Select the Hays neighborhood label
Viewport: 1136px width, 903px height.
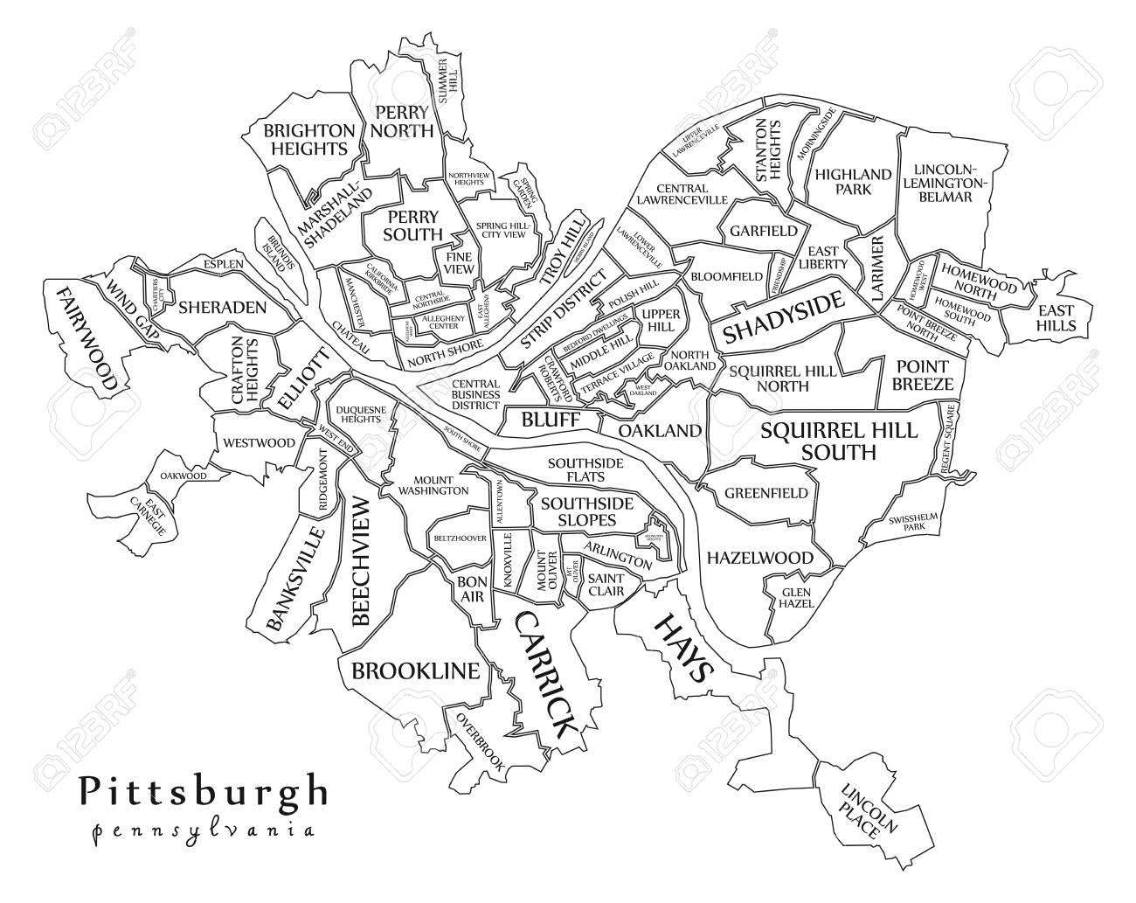[x=682, y=647]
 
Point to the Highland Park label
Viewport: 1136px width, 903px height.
[x=841, y=182]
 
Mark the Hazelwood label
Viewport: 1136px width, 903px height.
[x=759, y=558]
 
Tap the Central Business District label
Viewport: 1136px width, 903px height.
[x=475, y=394]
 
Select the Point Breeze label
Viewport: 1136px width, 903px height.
[x=922, y=375]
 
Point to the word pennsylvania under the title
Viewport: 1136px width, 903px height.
[x=201, y=829]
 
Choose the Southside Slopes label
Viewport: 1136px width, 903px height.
[x=578, y=511]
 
